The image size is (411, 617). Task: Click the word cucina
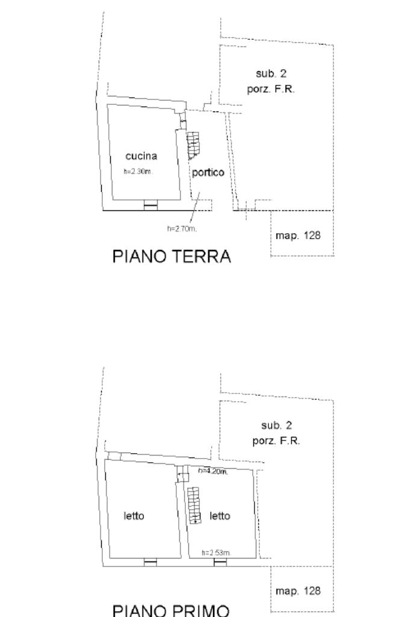(x=141, y=156)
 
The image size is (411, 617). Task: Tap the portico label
(x=208, y=172)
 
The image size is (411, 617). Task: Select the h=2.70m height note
(x=182, y=228)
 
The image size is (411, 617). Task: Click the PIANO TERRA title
(x=172, y=257)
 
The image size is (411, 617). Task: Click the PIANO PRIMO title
(x=171, y=610)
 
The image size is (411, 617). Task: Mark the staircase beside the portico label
(x=193, y=145)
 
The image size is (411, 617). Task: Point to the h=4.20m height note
(x=213, y=471)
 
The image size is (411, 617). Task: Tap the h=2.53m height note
(x=216, y=553)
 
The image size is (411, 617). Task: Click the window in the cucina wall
(x=150, y=206)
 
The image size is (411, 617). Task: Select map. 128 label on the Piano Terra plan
(x=298, y=235)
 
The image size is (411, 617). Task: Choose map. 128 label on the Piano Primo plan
(x=298, y=590)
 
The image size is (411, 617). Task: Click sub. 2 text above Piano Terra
(x=271, y=74)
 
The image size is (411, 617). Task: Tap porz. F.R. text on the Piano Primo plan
(x=276, y=440)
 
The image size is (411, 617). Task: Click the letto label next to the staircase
(x=220, y=516)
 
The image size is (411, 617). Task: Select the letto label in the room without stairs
(x=134, y=516)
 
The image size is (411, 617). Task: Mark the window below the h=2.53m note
(x=220, y=563)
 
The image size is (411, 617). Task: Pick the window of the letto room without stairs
(x=150, y=563)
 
